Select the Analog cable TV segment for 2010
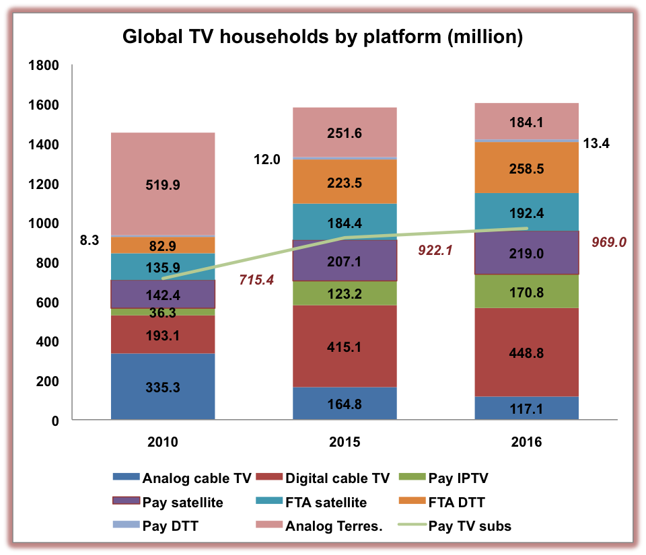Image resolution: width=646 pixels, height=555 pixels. click(163, 387)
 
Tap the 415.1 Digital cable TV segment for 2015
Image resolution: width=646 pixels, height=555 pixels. click(344, 346)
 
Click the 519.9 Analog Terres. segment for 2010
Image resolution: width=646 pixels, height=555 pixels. click(163, 184)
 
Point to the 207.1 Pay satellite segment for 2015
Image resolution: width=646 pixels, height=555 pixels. click(344, 260)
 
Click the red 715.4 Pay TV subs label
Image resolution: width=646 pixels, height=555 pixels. click(256, 279)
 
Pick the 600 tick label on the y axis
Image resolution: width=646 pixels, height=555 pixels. click(47, 303)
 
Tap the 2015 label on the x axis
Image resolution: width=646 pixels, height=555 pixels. click(344, 443)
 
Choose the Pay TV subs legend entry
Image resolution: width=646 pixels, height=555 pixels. click(470, 526)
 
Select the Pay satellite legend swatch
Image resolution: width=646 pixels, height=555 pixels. click(126, 503)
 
